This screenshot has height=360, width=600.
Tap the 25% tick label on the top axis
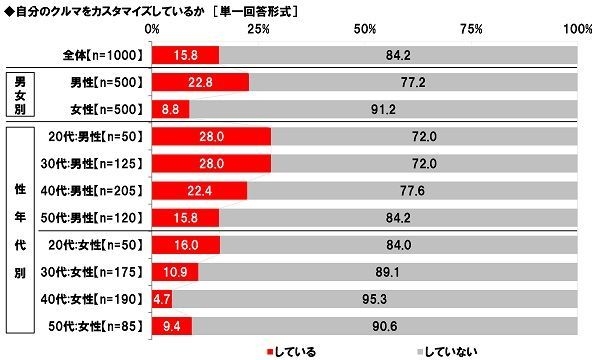(x=259, y=30)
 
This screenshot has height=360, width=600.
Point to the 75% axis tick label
(x=471, y=30)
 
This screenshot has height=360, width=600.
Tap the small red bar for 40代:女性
(x=157, y=298)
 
